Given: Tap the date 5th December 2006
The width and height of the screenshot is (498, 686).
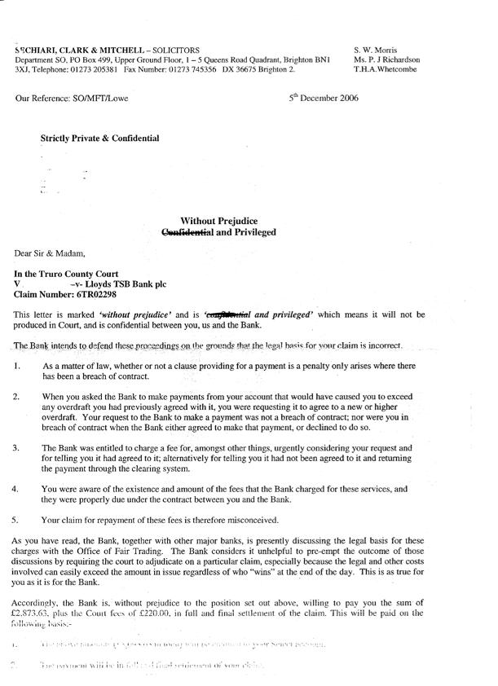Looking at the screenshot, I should coord(324,98).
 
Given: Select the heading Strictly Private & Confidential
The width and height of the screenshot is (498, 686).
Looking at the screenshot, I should coord(99,139).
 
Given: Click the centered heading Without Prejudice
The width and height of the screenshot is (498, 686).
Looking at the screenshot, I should coord(225,220).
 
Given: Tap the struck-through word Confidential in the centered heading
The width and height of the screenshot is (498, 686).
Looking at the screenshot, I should coord(191,232).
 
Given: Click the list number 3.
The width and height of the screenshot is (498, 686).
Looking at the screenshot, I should coord(17,448).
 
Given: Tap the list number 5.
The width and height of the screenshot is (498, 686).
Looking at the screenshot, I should coord(17,519).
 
